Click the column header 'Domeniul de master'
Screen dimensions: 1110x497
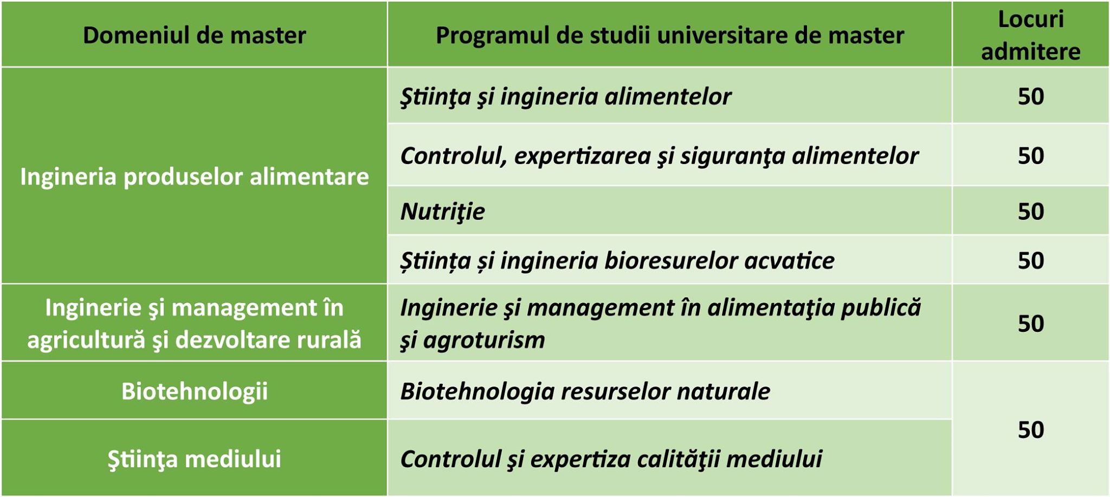click(194, 35)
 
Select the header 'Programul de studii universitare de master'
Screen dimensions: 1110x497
click(670, 35)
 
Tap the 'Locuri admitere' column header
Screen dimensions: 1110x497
click(1030, 35)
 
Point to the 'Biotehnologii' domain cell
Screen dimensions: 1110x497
click(194, 391)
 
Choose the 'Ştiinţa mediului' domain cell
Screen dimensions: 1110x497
click(194, 459)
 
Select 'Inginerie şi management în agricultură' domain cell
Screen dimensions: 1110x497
click(194, 323)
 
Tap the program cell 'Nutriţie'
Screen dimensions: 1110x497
click(442, 211)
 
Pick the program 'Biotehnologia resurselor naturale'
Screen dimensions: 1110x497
click(585, 391)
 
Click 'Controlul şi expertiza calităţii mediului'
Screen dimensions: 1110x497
click(611, 459)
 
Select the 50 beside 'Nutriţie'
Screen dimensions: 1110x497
click(1030, 211)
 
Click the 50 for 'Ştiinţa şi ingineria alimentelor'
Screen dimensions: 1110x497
click(1030, 96)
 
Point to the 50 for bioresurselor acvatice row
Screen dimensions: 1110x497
click(1030, 260)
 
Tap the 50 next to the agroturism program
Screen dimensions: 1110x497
click(1030, 323)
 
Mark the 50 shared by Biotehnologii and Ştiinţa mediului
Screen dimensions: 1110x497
click(1030, 429)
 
